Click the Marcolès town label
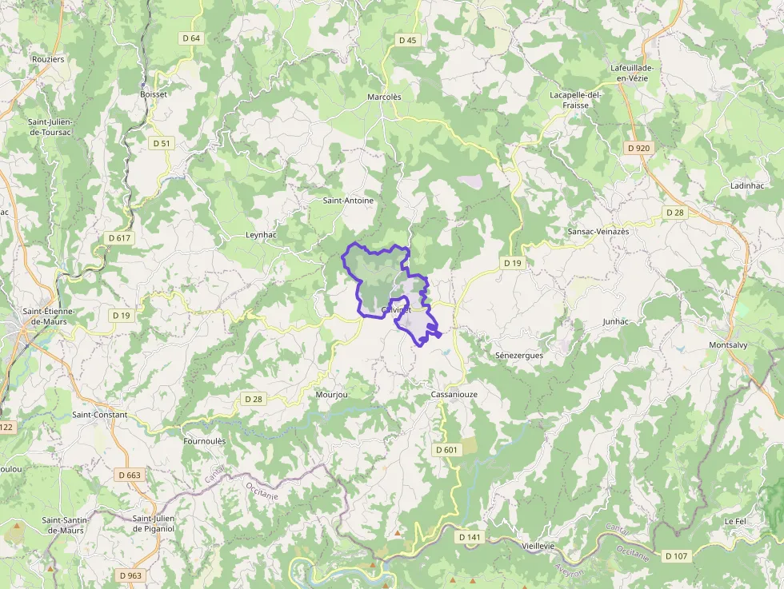pos(384,96)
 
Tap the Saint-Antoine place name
pos(348,201)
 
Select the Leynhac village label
pos(260,235)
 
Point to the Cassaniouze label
pos(454,395)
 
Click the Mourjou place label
pos(332,395)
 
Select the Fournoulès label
pos(205,440)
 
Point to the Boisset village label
pos(154,94)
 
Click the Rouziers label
pos(47,59)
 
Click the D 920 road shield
pos(639,148)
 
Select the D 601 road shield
pos(447,450)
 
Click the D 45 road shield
pos(407,39)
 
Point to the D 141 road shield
pos(470,537)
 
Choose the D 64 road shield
pos(191,38)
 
